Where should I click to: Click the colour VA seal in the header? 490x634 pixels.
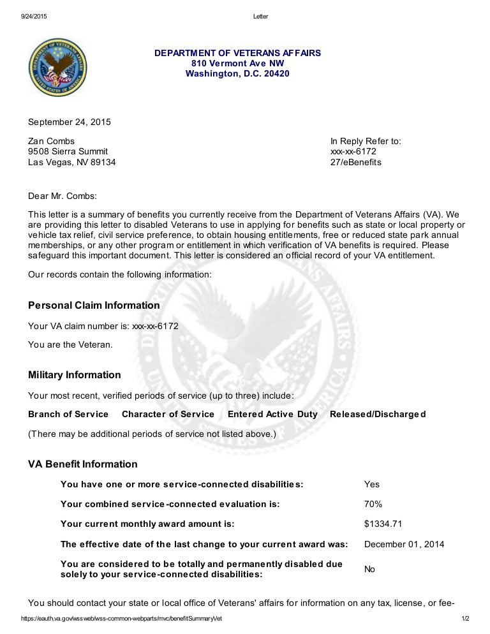(58, 67)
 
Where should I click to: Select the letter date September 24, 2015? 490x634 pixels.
(69, 122)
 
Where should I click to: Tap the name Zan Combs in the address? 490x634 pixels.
(51, 141)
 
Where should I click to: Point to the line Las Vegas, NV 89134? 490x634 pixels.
(72, 162)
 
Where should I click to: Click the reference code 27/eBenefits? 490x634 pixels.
(355, 162)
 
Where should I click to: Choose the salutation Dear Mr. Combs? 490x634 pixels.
(63, 196)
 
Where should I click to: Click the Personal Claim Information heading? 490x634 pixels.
(94, 306)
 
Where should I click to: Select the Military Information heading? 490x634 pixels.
(74, 375)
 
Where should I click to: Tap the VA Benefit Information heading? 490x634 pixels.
(82, 464)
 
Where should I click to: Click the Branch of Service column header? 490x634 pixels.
(68, 415)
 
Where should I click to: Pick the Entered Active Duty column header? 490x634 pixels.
(272, 415)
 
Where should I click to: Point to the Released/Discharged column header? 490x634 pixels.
(378, 415)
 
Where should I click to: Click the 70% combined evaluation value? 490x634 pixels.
(373, 505)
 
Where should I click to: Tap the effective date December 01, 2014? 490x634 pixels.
(404, 545)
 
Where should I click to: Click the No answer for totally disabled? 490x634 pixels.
(369, 569)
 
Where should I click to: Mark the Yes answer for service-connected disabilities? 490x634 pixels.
(371, 485)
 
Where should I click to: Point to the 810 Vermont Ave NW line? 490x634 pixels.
(237, 63)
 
